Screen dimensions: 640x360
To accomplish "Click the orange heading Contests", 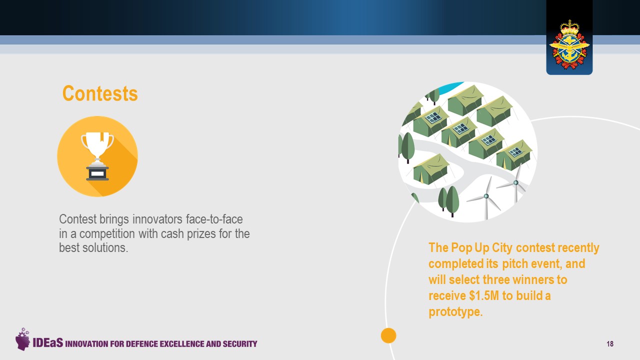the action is tap(100, 93).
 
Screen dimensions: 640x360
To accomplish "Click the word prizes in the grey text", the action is tap(201, 234).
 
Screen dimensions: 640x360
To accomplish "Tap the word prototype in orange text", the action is tap(455, 311).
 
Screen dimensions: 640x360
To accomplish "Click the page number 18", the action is tap(610, 343).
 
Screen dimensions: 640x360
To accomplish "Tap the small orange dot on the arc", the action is tap(388, 335).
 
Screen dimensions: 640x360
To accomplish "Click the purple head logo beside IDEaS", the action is tap(22, 339).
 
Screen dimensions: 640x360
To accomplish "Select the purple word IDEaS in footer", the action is tap(47, 342).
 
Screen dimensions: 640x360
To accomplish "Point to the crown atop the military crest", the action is tap(569, 27).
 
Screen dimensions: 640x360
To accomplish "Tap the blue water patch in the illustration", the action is tap(449, 87).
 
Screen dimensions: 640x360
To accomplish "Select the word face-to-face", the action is tap(214, 219).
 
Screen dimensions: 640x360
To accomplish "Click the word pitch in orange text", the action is tap(515, 263).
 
